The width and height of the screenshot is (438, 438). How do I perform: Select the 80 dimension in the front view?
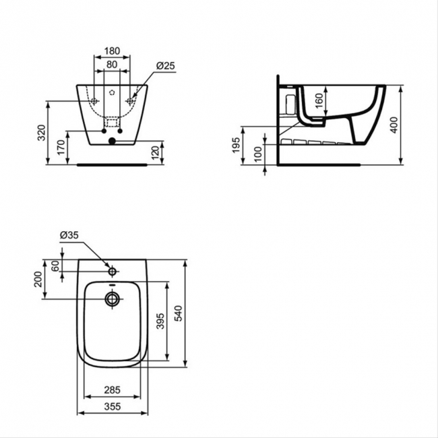112,65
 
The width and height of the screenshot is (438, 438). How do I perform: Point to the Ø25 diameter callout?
166,65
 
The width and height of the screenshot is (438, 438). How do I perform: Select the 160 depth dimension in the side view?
319,105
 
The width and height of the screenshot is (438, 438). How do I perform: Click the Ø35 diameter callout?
70,234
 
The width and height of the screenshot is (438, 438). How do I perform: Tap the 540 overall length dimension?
179,314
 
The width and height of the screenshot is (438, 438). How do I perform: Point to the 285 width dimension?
112,389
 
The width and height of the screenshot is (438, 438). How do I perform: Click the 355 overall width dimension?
112,406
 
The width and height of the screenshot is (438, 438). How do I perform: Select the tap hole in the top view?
113,272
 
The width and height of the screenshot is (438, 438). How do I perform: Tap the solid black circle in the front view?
112,141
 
